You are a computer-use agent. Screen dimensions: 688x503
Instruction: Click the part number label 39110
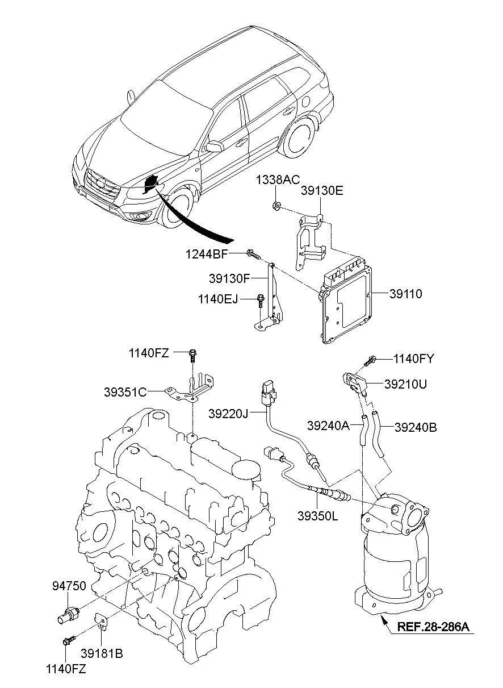(x=406, y=294)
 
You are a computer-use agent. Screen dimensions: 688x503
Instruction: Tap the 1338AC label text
(x=277, y=180)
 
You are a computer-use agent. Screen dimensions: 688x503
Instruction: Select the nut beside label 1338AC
(x=275, y=206)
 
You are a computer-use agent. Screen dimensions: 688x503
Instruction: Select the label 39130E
(x=322, y=191)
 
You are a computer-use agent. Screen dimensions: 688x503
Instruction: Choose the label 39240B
(x=416, y=426)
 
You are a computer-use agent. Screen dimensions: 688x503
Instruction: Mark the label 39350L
(x=318, y=515)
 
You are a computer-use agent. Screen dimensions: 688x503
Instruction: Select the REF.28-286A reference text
(x=433, y=627)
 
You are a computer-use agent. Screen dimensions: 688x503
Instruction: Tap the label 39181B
(x=102, y=654)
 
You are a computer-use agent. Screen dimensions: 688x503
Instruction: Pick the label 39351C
(x=125, y=391)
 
